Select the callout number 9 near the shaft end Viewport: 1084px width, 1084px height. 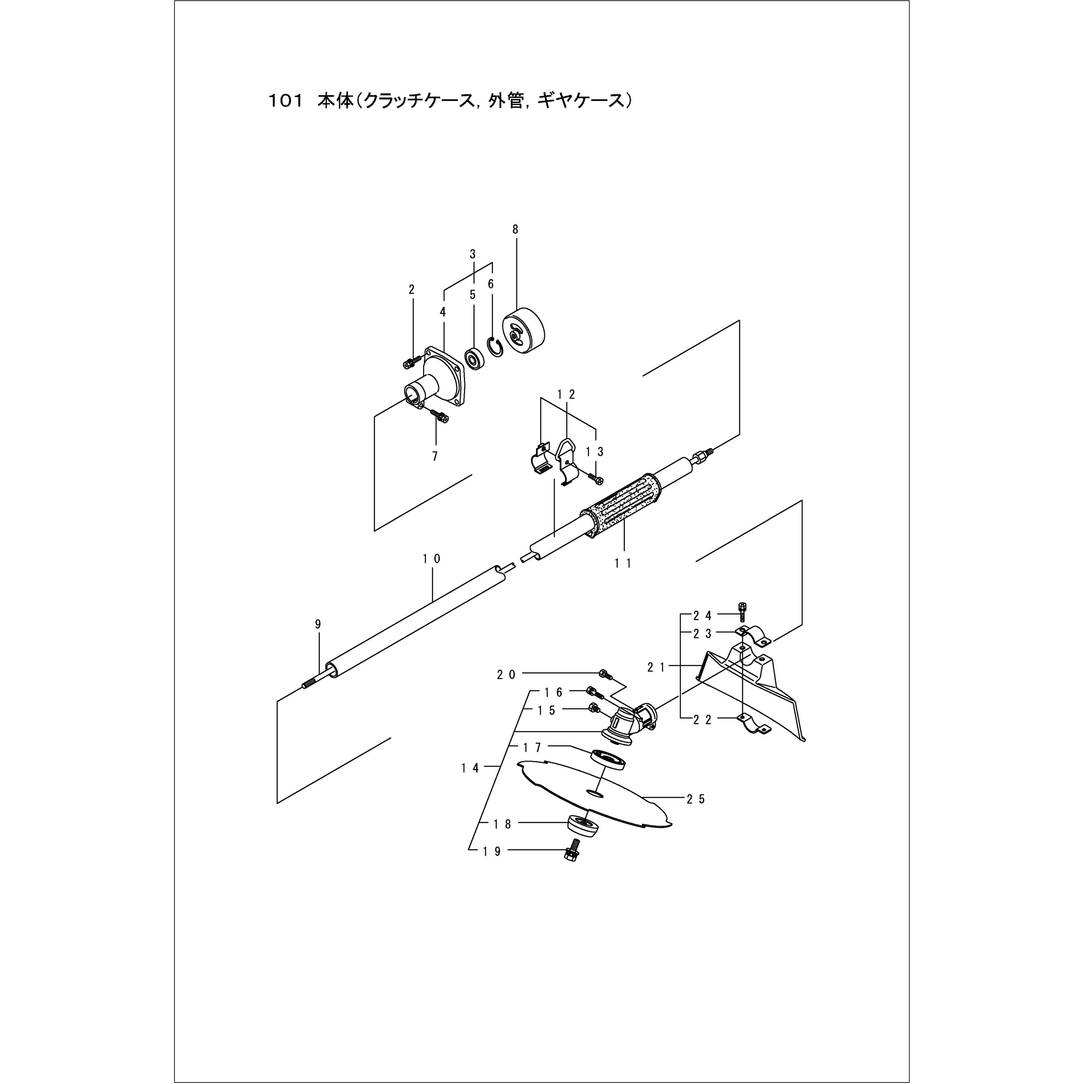(318, 624)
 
